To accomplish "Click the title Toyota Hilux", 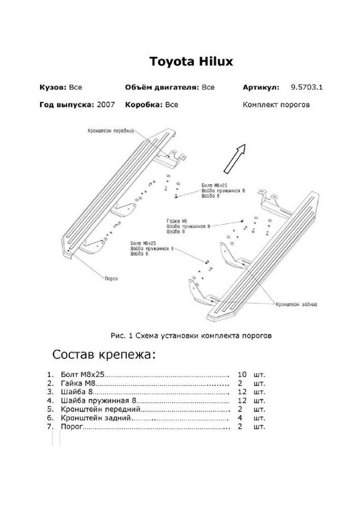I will pos(191,62).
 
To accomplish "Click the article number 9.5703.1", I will pos(307,88).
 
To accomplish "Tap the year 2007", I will pos(106,105).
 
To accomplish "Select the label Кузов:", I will pos(53,88).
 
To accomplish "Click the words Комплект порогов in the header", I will pos(276,105).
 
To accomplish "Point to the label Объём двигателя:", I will pos(162,88).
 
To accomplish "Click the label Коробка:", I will pos(143,105).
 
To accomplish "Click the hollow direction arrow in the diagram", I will pos(235,158).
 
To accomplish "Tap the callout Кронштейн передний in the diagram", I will pos(111,131).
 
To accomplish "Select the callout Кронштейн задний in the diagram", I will pos(297,304).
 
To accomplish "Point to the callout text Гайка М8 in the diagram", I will pos(177,221).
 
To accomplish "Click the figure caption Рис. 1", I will pos(122,336).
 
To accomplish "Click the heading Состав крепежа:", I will pos(104,354).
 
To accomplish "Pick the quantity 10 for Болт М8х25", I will pos(242,375).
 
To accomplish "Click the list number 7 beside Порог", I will pos(50,427).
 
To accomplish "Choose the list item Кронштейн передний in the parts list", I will pos(101,410).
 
